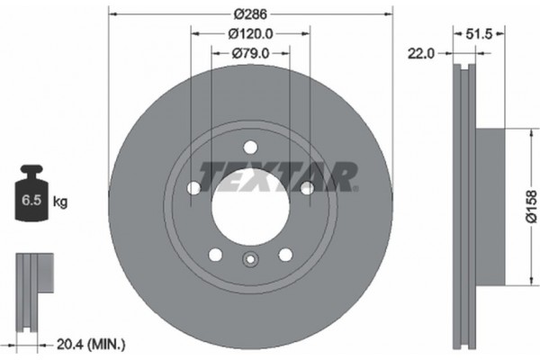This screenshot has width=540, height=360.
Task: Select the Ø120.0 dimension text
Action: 250,35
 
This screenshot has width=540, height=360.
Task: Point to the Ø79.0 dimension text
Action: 250,53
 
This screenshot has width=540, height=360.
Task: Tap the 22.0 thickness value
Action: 424,54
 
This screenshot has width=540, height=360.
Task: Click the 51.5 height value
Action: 486,35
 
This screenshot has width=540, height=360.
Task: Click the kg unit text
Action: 61,202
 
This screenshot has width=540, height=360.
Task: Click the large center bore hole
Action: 250,194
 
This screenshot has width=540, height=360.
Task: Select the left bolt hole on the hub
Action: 193,187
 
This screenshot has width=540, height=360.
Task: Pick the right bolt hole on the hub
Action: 307,187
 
